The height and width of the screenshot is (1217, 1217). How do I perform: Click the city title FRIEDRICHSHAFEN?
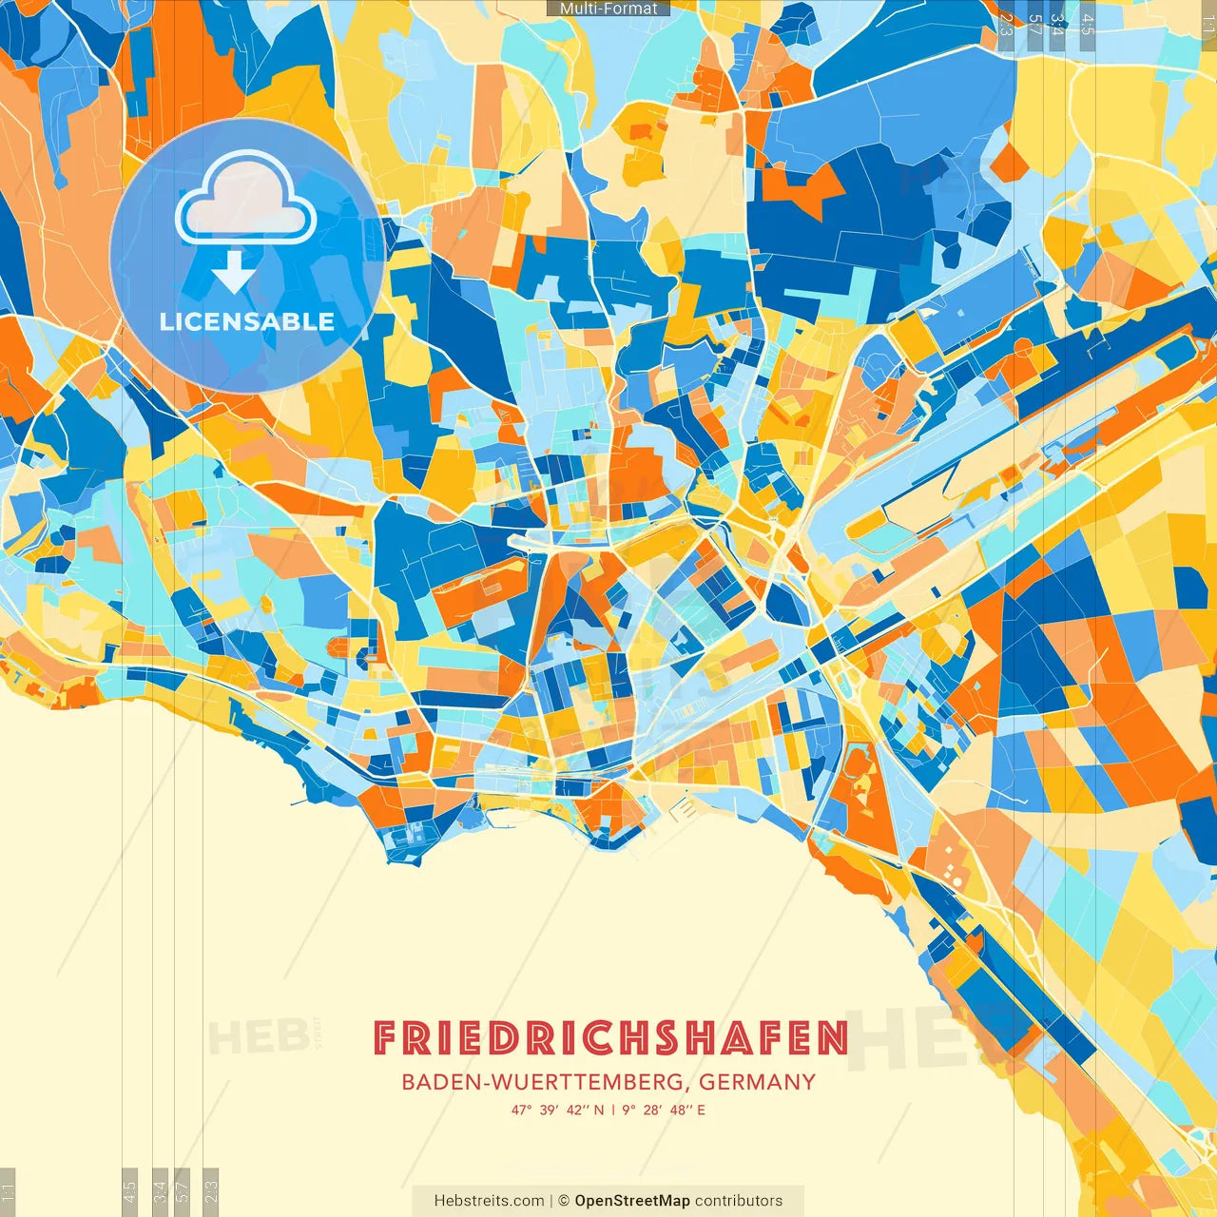609,1037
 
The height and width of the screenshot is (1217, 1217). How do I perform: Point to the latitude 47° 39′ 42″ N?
557,1110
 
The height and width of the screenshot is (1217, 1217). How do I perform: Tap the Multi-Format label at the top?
608,9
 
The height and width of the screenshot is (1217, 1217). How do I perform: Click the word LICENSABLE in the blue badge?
247,321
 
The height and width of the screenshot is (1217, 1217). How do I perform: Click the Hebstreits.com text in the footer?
489,1201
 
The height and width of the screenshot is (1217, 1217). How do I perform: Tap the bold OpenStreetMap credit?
631,1201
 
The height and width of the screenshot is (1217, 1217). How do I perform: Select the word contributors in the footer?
739,1201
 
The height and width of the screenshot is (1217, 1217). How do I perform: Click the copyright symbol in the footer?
563,1201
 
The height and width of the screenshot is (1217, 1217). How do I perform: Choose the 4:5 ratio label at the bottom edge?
129,1191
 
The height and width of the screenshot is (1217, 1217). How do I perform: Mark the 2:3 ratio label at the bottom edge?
211,1191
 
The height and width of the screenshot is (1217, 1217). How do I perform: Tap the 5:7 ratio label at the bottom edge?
183,1191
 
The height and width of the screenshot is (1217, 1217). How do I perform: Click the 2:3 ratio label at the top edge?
1006,25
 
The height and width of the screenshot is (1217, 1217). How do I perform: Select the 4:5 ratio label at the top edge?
1088,25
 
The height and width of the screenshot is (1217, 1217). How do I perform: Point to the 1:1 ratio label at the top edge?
1208,25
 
